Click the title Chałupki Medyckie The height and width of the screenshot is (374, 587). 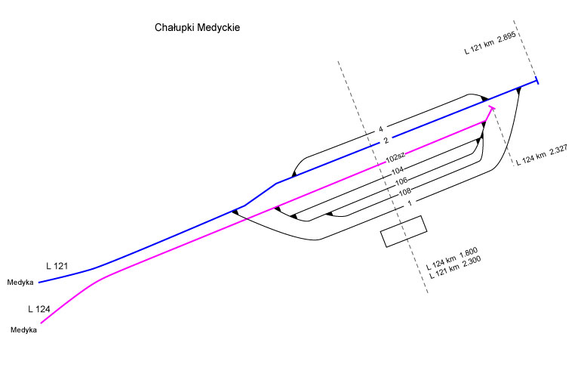point(196,28)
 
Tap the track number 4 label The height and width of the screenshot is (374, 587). point(382,128)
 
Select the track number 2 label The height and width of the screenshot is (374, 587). point(386,141)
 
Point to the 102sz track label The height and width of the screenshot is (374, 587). point(395,158)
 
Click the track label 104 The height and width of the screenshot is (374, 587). point(398,170)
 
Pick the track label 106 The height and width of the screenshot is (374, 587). point(401,181)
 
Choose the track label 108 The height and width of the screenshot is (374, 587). point(404,192)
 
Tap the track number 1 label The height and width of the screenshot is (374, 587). point(408,202)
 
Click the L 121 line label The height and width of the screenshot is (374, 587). point(58,266)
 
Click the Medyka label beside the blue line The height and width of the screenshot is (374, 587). point(21,283)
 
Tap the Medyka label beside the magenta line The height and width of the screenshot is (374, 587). point(24,330)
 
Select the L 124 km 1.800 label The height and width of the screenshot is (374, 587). point(451,258)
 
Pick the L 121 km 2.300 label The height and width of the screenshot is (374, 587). point(456,269)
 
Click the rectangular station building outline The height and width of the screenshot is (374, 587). point(404,231)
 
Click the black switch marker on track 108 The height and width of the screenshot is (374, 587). point(330,214)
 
